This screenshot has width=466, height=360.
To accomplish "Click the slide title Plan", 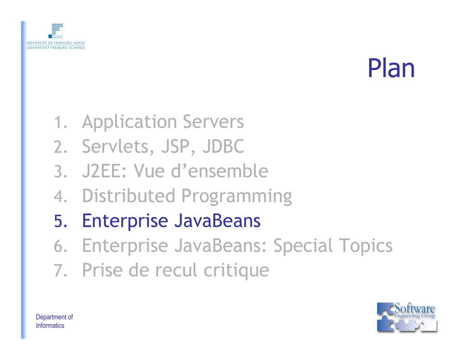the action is (x=391, y=68).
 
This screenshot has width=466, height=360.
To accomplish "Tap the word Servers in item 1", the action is (x=213, y=122).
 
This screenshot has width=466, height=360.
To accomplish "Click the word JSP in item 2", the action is (x=176, y=146).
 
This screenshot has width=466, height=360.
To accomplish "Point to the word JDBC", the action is (x=223, y=146).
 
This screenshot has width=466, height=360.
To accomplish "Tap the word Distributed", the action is (x=128, y=196).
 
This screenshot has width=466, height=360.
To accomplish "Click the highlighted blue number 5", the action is (x=61, y=221).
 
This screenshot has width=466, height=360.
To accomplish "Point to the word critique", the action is (x=236, y=271).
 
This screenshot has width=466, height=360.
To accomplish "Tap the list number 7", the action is (x=61, y=270).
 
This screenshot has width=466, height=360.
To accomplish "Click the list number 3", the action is (x=61, y=172).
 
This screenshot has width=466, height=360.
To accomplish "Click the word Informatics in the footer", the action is (x=50, y=325).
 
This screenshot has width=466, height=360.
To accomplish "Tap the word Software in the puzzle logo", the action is (x=415, y=308).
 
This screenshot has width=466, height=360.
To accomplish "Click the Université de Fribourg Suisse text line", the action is (x=56, y=43).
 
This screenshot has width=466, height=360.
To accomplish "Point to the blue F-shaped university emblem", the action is (x=56, y=30).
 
